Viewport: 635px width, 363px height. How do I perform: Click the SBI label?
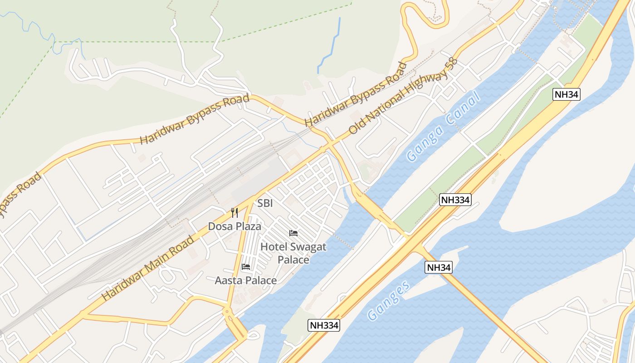265,203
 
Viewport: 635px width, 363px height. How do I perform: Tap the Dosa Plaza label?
234,226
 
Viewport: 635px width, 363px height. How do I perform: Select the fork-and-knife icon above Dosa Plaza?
234,213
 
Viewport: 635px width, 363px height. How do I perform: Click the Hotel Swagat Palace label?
293,253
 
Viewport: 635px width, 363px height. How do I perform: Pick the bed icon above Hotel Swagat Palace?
293,233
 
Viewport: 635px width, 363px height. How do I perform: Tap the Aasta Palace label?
245,280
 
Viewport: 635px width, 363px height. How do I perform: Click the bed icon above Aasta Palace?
246,266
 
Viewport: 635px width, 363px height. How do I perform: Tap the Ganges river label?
389,300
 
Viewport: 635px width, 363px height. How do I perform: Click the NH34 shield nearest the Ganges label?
439,267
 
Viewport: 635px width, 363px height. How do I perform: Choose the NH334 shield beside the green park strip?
455,200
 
